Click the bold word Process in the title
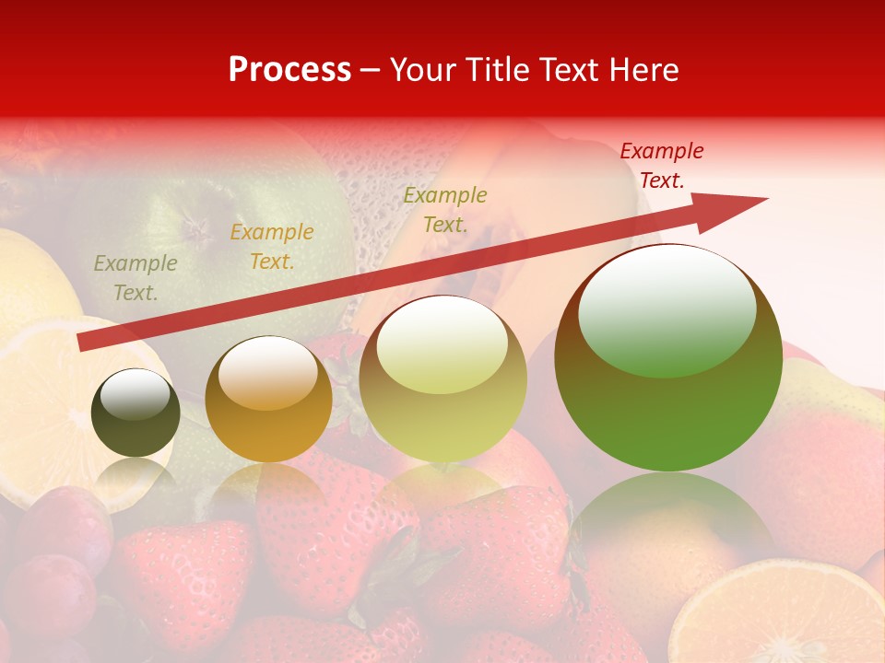tap(289, 70)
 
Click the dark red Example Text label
tap(661, 166)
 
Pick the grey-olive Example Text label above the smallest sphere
tap(136, 278)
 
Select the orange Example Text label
tap(272, 247)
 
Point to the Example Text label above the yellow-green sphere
tap(445, 209)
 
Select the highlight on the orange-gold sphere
tap(267, 371)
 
